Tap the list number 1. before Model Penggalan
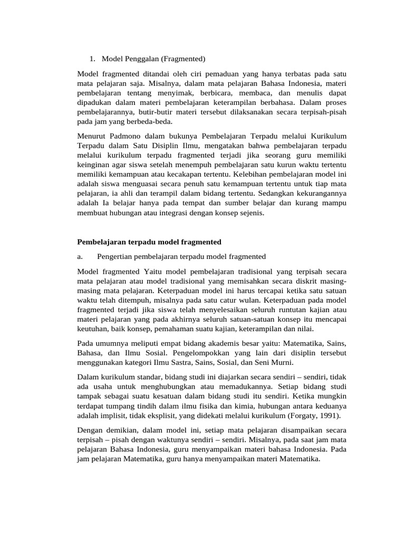(92, 59)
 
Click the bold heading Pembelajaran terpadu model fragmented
(149, 242)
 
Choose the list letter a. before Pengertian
(80, 256)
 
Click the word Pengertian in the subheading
(119, 256)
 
